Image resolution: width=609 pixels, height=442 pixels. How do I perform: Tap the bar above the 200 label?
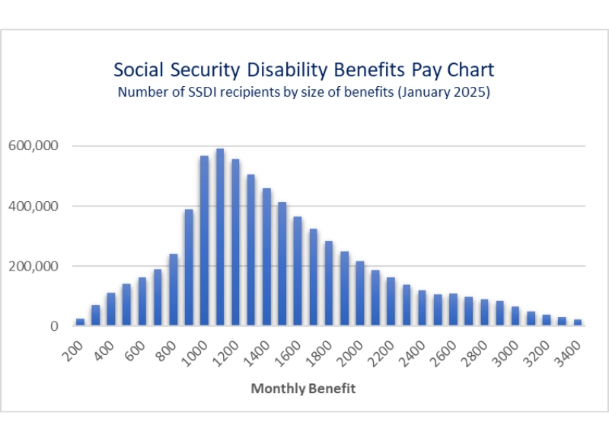80,322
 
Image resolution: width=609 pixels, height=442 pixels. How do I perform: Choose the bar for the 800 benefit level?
173,290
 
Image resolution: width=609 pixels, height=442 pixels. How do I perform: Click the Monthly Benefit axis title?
304,389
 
